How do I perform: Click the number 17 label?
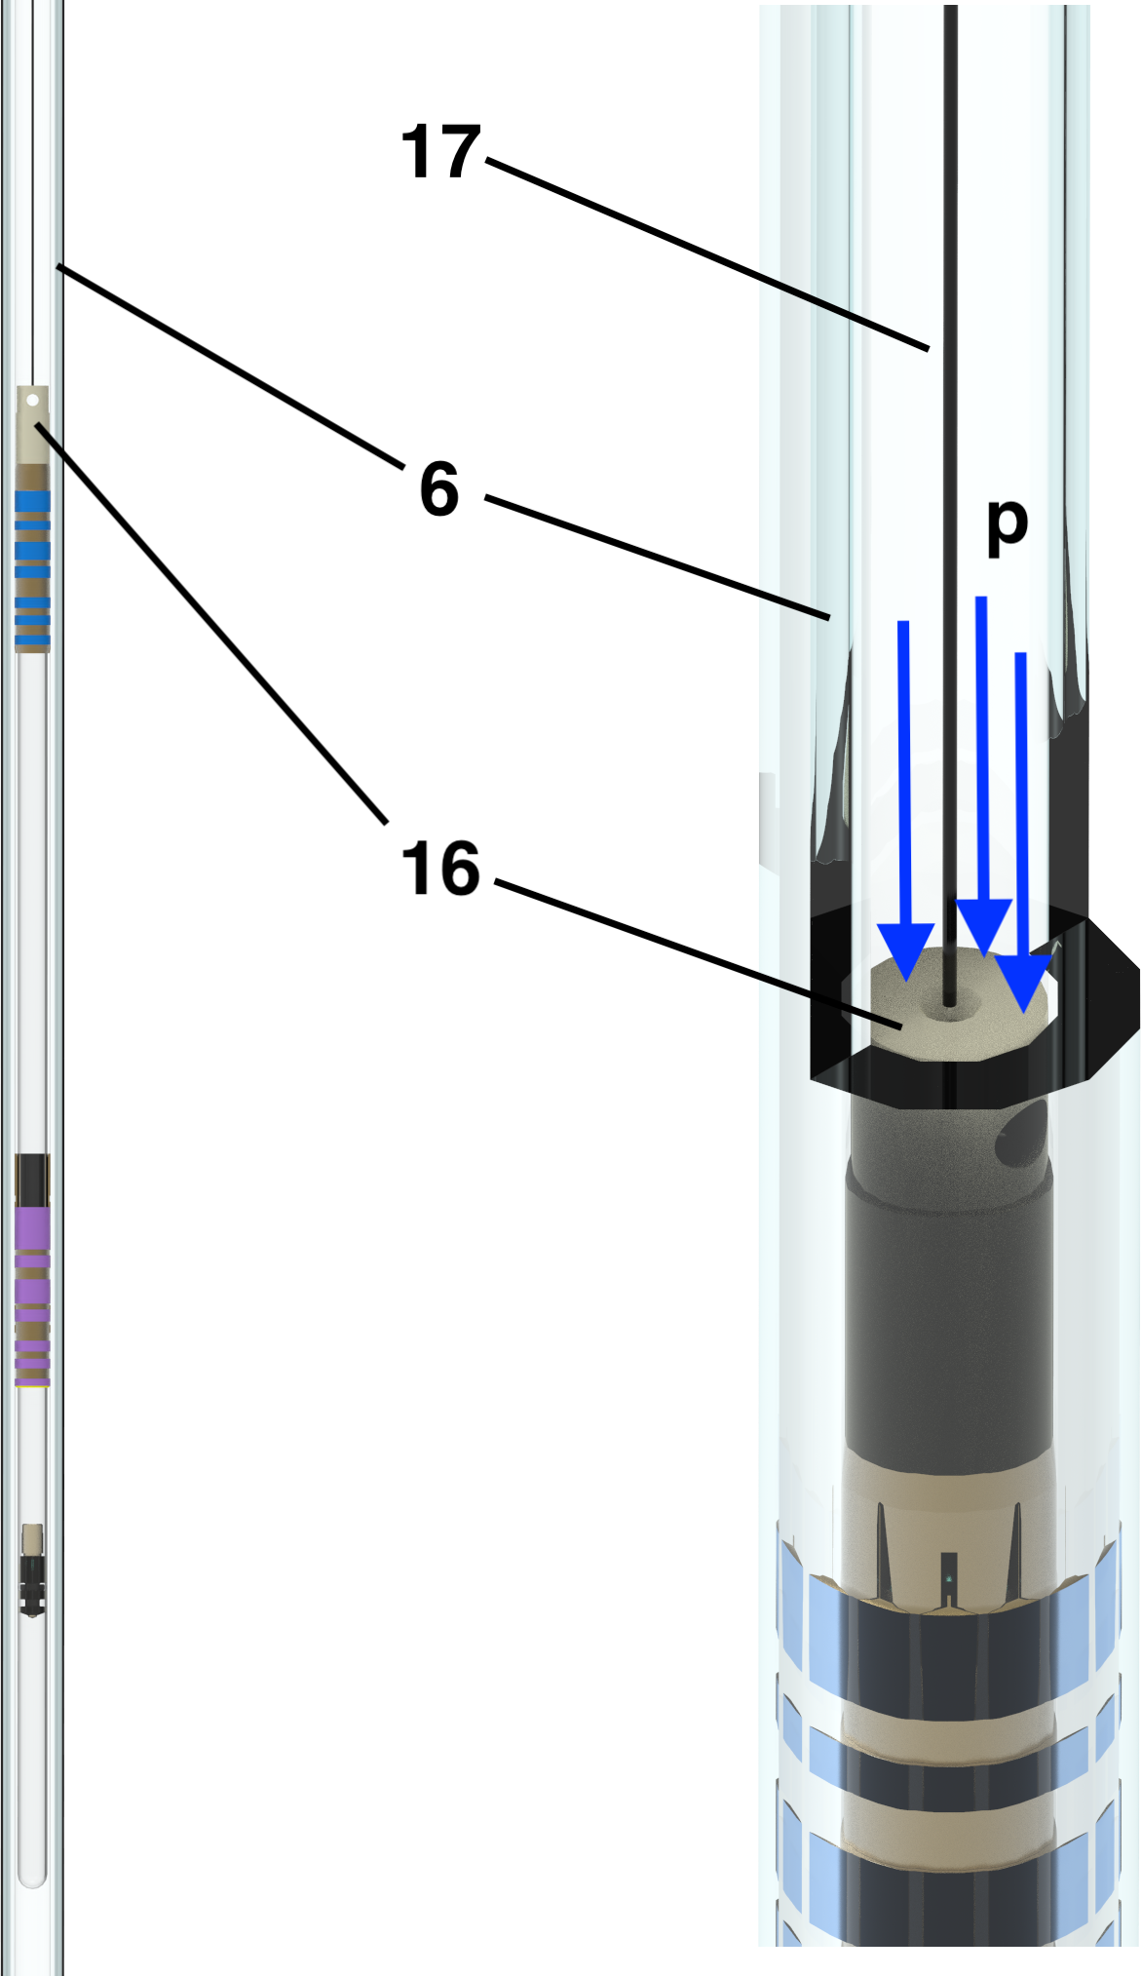[x=441, y=152]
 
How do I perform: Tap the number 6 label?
[x=439, y=488]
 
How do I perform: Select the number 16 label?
[x=441, y=868]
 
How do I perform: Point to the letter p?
[x=1008, y=527]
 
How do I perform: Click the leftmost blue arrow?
[x=905, y=799]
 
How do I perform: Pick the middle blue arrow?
[x=983, y=776]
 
